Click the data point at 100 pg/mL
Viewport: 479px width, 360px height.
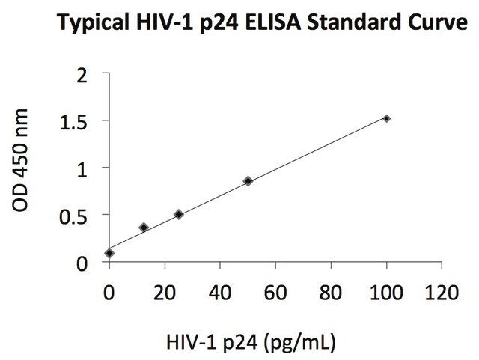386,118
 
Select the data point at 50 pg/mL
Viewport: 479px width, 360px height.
248,181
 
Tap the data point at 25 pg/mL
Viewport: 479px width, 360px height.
179,214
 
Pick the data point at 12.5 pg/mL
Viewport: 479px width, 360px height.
144,227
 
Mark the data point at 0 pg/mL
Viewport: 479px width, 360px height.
110,253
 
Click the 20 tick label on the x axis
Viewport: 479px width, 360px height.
165,293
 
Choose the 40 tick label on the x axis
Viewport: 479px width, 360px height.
220,293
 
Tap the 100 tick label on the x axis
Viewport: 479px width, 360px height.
386,293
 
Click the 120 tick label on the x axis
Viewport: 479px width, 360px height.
441,293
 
